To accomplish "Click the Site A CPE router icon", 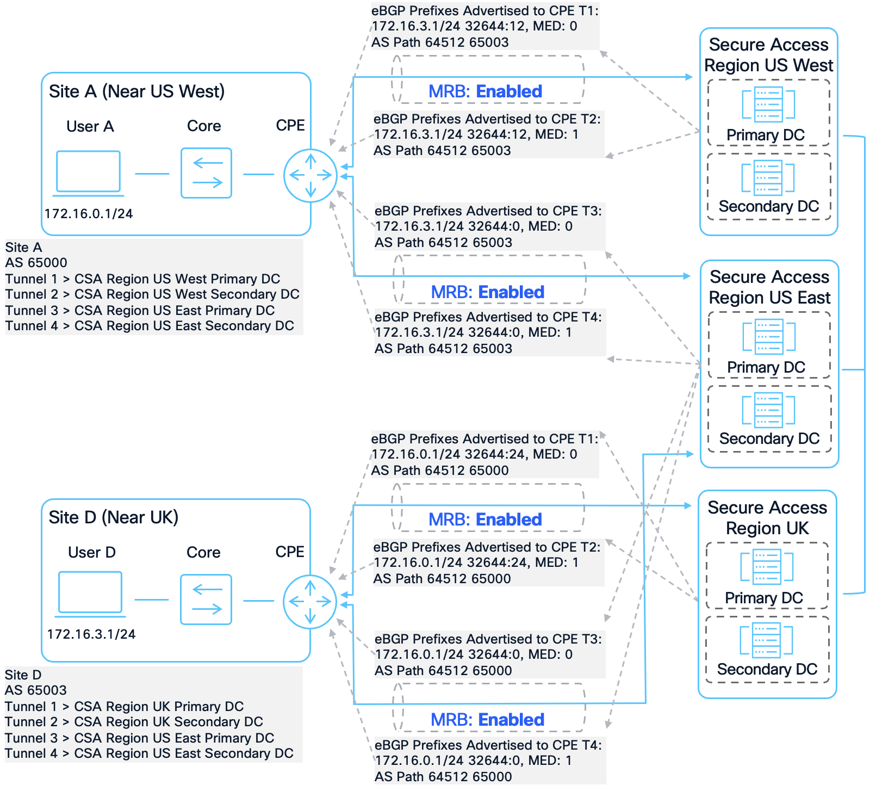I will [x=310, y=175].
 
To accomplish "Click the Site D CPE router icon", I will [x=310, y=602].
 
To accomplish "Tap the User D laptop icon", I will [x=90, y=594].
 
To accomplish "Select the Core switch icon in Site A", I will [x=206, y=173].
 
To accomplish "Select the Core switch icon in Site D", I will [x=206, y=600].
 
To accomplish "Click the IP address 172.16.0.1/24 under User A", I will [x=89, y=214].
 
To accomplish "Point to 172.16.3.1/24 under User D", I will [x=91, y=634].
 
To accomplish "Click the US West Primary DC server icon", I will [x=768, y=104].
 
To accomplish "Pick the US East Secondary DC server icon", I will [x=768, y=410].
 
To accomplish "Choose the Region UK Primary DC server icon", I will [x=767, y=567].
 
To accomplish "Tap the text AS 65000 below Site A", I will [x=36, y=263].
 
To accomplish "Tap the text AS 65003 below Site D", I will [x=36, y=690].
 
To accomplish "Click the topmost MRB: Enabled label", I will [x=485, y=91].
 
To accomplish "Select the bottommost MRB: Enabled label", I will [x=487, y=720].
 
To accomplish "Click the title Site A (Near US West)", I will [x=136, y=91].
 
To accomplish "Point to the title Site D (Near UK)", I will [x=114, y=517].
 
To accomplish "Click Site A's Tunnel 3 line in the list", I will [x=140, y=311].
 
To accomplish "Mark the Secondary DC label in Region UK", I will [x=767, y=670].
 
